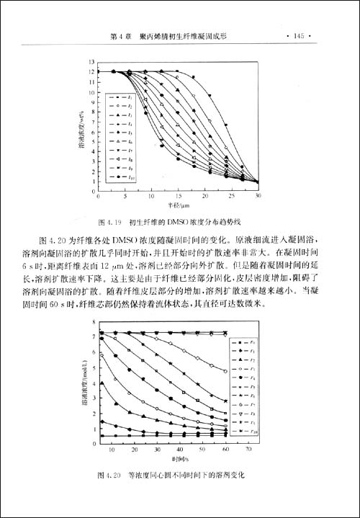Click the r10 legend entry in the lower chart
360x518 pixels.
click(x=254, y=431)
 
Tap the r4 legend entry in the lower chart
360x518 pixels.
click(x=254, y=378)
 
